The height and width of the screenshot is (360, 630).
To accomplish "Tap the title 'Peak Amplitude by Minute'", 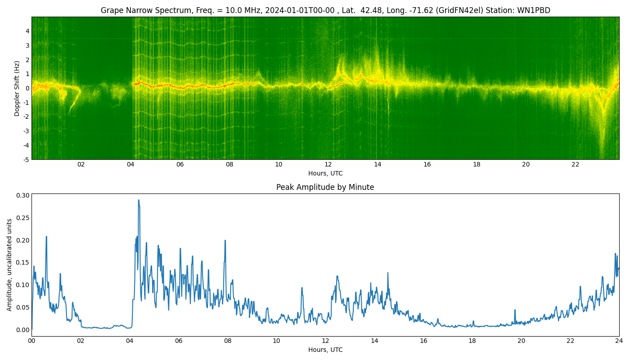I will pyautogui.click(x=325, y=187).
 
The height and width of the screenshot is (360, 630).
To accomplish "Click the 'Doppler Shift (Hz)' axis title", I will pyautogui.click(x=17, y=88).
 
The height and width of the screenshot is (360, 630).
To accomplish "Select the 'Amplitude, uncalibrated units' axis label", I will pyautogui.click(x=9, y=265).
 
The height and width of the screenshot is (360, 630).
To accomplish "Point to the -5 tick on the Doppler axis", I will pyautogui.click(x=26, y=159).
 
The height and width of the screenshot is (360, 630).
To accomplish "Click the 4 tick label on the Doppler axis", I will pyautogui.click(x=27, y=31).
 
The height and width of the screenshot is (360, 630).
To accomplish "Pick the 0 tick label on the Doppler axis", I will pyautogui.click(x=27, y=88).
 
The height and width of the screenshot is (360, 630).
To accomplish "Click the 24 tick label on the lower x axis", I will pyautogui.click(x=619, y=341).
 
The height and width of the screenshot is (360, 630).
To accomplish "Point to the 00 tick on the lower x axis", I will pyautogui.click(x=31, y=341).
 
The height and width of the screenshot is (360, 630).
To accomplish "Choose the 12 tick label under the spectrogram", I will pyautogui.click(x=328, y=164).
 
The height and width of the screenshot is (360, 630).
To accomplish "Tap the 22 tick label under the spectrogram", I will pyautogui.click(x=575, y=164).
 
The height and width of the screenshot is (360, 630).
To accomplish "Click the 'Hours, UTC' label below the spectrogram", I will pyautogui.click(x=325, y=173).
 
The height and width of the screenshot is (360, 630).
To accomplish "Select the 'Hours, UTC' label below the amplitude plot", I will pyautogui.click(x=325, y=350).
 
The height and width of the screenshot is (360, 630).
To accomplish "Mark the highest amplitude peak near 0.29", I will pyautogui.click(x=139, y=200).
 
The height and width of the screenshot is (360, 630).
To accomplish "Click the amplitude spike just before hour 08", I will pyautogui.click(x=225, y=241).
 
